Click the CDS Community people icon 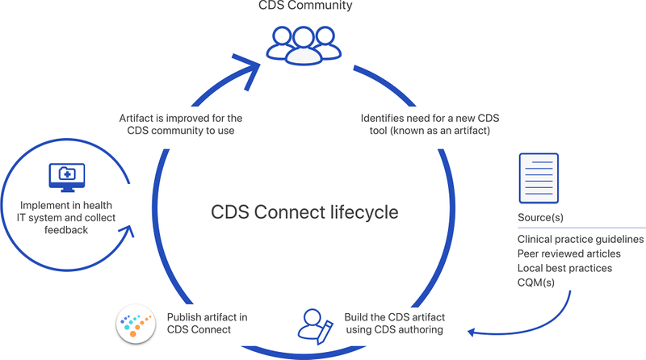click(304, 45)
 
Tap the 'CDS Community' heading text click(305, 6)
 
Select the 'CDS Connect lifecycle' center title click(304, 212)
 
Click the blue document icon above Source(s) click(539, 178)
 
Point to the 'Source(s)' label click(540, 217)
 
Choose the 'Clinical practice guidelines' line click(581, 239)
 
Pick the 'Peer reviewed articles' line click(569, 253)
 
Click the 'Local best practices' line click(564, 268)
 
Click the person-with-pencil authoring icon click(315, 327)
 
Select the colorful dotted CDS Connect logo click(136, 324)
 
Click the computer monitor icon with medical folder click(67, 178)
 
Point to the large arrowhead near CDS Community click(247, 70)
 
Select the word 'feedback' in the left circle click(66, 230)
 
